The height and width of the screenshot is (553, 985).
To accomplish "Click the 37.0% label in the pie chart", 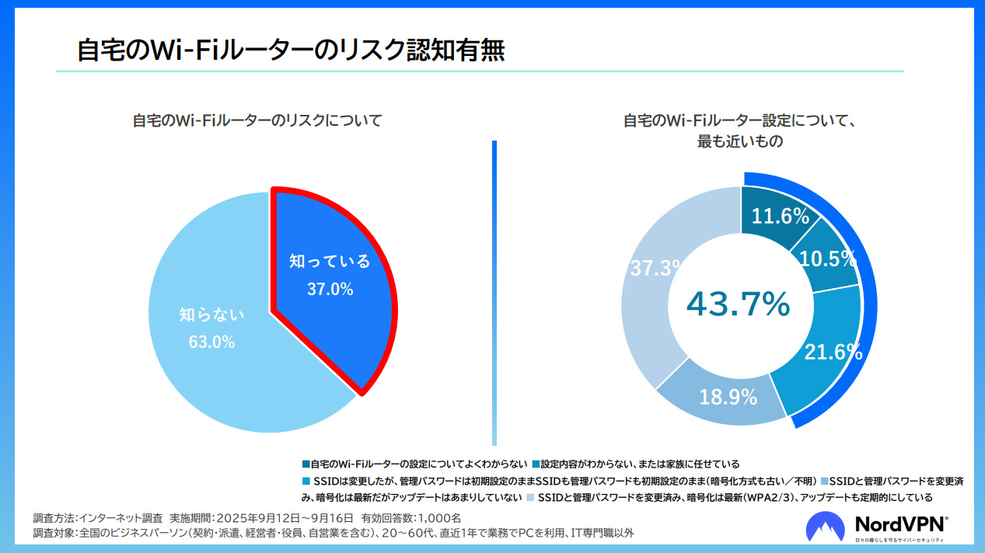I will [x=330, y=290].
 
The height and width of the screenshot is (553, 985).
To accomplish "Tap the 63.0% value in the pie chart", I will [x=211, y=342].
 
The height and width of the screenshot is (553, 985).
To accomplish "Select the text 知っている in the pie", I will [x=330, y=261].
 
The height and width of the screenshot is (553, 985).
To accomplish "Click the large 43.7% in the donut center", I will [x=738, y=304].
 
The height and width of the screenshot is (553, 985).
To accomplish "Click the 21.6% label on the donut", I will [x=833, y=352].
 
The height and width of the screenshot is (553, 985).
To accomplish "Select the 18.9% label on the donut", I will [x=728, y=398].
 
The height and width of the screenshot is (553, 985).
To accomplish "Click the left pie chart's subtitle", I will [x=257, y=121].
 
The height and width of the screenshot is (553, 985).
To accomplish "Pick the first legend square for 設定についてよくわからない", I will [x=306, y=464].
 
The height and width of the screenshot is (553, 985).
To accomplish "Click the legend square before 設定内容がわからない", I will [x=536, y=464].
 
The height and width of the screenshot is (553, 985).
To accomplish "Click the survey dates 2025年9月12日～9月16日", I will [x=284, y=517].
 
